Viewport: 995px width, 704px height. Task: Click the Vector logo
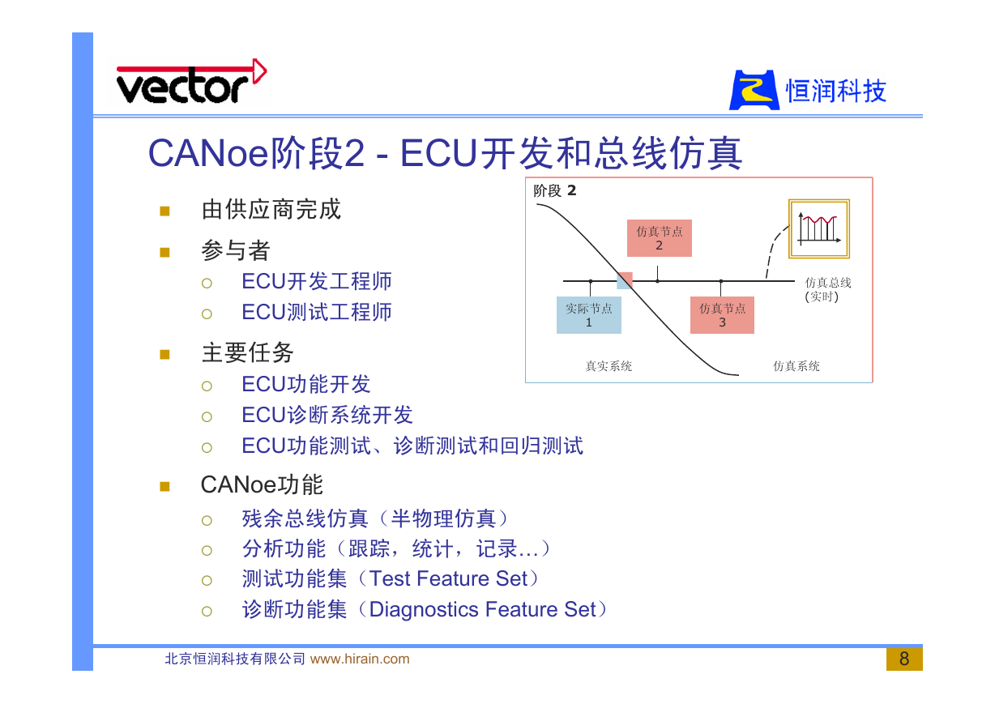click(x=191, y=82)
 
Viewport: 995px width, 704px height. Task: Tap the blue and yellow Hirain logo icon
click(x=754, y=90)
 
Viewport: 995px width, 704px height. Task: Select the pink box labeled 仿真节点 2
click(x=660, y=238)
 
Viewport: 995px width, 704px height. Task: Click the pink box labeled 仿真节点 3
click(x=722, y=315)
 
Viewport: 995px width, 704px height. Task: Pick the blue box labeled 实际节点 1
click(x=588, y=315)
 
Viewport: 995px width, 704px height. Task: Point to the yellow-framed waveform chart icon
click(x=819, y=228)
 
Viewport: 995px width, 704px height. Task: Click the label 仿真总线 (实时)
click(x=828, y=289)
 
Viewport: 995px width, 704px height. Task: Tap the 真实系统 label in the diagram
click(x=609, y=366)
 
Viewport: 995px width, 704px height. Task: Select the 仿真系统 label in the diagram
click(x=796, y=366)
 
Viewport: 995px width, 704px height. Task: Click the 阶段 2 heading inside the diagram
click(x=555, y=190)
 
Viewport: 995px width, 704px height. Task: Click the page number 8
click(x=904, y=659)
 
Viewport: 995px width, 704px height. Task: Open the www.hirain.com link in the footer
click(x=360, y=659)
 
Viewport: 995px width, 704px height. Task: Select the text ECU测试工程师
click(x=317, y=312)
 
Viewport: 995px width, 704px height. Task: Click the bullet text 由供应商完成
click(x=271, y=210)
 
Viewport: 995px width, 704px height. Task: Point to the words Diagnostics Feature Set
click(x=483, y=609)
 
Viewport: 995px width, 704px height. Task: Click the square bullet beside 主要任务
click(x=164, y=355)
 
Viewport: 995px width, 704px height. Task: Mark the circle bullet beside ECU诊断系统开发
click(x=207, y=416)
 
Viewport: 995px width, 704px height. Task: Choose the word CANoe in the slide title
click(x=208, y=153)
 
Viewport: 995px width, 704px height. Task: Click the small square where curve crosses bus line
click(x=625, y=281)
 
